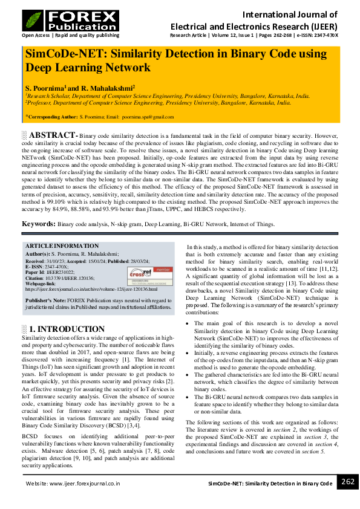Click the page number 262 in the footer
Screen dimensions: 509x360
pos(347,482)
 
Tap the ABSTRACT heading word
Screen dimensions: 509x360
pos(53,135)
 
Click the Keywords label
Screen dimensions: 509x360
pos(39,224)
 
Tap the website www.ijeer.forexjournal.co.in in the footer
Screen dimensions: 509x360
pos(72,484)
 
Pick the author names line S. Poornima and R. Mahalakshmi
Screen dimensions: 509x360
pos(80,88)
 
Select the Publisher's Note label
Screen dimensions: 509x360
pos(45,300)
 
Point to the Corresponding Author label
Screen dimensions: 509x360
pos(52,116)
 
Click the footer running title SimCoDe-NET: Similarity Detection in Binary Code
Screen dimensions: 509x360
pos(270,484)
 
